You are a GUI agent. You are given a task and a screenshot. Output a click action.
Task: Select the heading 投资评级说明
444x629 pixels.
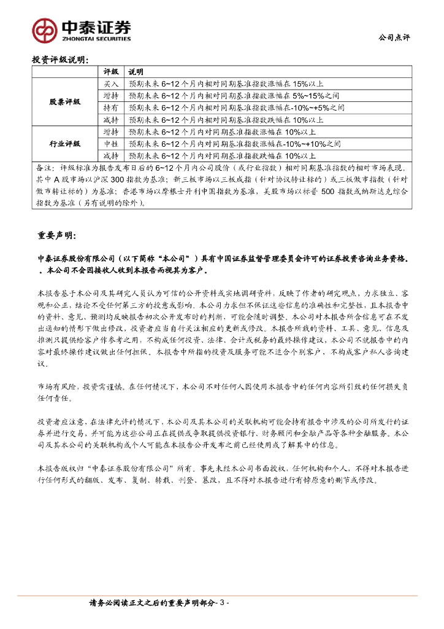(x=60, y=60)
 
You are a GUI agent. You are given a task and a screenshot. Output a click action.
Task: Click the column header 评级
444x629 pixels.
(x=111, y=72)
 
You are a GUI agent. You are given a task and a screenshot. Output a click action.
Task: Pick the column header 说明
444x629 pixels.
(x=135, y=72)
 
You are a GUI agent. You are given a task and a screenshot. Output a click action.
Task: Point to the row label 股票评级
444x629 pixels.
(x=65, y=101)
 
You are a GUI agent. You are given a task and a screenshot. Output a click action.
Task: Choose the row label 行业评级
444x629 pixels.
(x=65, y=143)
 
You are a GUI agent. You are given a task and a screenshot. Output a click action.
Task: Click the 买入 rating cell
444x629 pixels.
(x=111, y=84)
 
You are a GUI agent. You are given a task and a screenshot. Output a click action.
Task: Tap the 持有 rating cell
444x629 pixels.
(x=111, y=107)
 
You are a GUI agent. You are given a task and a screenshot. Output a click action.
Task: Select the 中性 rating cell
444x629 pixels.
(x=111, y=143)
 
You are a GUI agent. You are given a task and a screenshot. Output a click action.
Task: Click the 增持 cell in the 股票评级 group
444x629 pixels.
(x=111, y=96)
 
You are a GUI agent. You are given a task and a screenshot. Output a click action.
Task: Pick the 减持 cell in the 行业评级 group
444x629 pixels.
(x=111, y=155)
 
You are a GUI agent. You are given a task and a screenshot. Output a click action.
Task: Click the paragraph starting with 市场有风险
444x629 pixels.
(x=221, y=393)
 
